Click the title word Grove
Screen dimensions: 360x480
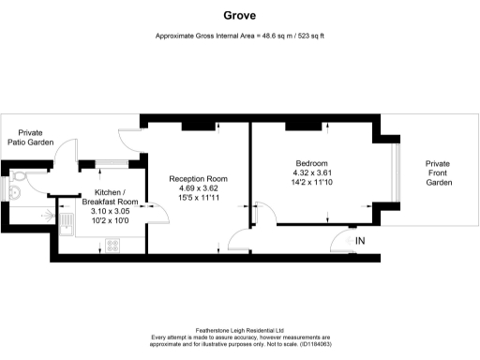(x=239, y=15)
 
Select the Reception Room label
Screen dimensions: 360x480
(x=198, y=179)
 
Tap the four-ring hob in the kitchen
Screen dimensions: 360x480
(x=112, y=247)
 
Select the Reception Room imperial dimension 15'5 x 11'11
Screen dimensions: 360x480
(x=198, y=199)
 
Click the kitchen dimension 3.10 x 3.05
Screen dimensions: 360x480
(x=110, y=212)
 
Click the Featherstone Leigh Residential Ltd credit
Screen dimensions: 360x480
(x=239, y=330)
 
